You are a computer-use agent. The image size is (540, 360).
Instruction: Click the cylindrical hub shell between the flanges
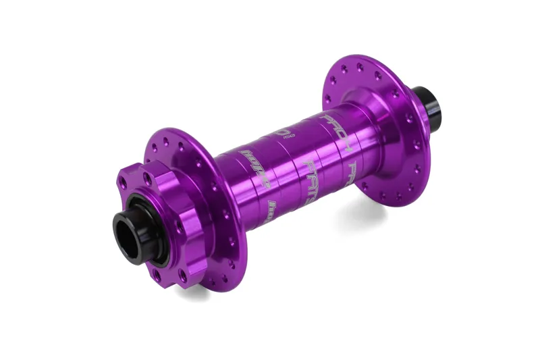297,162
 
